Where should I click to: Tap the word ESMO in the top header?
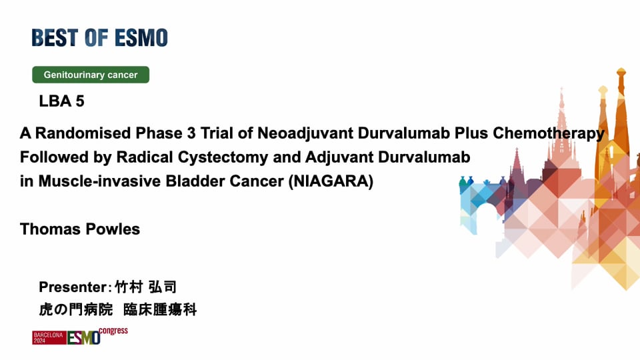pos(141,37)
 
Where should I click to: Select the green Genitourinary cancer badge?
pos(91,75)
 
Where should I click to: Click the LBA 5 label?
pos(61,101)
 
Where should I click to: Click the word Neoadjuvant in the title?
pos(306,133)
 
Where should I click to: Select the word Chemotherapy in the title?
pos(549,133)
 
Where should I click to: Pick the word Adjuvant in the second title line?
pos(339,157)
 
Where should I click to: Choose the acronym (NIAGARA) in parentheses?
pos(331,181)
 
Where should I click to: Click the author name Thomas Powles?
pos(80,229)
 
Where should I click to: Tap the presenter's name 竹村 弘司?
pos(145,287)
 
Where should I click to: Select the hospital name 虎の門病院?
pos(76,309)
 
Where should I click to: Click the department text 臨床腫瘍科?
pos(160,309)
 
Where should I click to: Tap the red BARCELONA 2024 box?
pos(49,337)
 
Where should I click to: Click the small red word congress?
pos(113,331)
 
